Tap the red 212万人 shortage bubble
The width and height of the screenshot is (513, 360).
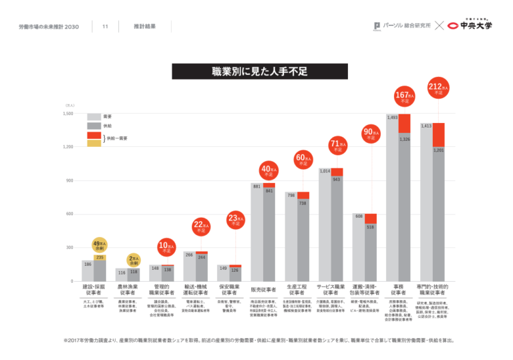(x=438, y=89)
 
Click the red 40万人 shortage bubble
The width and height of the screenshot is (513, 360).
(x=269, y=172)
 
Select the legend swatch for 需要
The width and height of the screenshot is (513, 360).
(x=94, y=116)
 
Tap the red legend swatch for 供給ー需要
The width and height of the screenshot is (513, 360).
(x=94, y=134)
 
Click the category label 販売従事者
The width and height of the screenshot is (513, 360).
(x=263, y=290)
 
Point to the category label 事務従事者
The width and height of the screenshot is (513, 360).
(x=399, y=289)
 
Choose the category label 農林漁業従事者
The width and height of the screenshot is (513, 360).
(x=127, y=289)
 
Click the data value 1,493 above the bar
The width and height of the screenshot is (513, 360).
(x=393, y=118)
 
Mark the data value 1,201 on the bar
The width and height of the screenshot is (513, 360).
(x=438, y=150)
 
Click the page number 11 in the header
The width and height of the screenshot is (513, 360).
(x=105, y=27)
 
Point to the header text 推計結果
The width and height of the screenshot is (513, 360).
(x=145, y=27)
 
